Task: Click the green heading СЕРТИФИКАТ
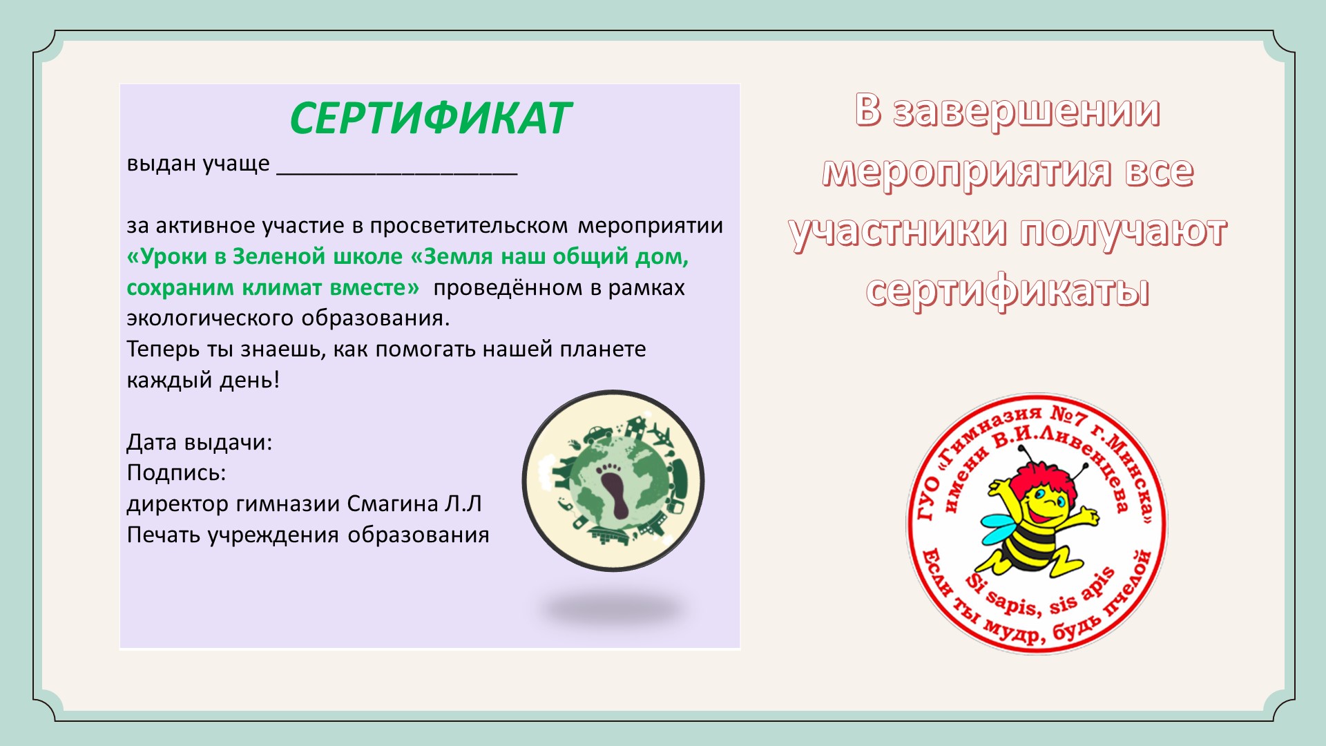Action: [x=430, y=118]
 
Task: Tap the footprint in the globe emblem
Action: [x=614, y=490]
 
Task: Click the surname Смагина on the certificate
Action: [x=392, y=504]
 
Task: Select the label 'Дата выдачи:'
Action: [x=200, y=443]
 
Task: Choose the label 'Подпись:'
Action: [x=177, y=474]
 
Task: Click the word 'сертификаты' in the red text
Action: [x=1008, y=291]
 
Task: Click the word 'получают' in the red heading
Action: [x=1124, y=231]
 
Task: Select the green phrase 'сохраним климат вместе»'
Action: [x=273, y=287]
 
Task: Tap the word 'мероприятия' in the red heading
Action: [x=967, y=171]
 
